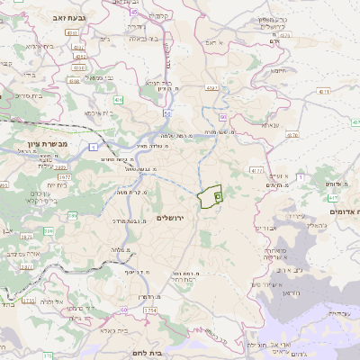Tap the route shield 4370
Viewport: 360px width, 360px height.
211,88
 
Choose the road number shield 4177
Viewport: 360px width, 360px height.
256,169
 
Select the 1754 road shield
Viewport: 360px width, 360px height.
149,310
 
